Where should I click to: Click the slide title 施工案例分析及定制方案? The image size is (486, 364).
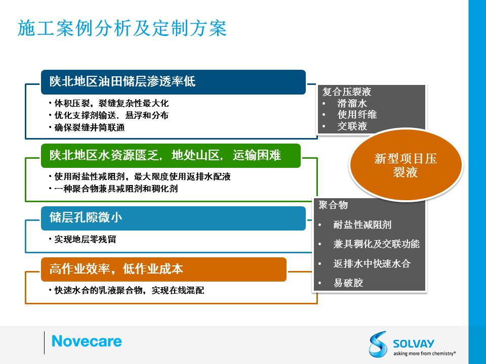(122, 28)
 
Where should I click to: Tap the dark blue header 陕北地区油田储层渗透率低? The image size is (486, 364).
(173, 82)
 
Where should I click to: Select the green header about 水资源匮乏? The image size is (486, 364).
(171, 155)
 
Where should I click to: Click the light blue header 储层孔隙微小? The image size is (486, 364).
(173, 218)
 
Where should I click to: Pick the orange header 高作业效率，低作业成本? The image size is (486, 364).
(164, 269)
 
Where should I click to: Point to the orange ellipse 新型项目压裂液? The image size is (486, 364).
(406, 165)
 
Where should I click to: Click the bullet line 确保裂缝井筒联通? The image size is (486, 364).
(87, 127)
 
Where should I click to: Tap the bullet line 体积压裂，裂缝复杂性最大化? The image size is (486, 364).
(109, 103)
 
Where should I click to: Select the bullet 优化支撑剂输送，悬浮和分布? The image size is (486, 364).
(109, 115)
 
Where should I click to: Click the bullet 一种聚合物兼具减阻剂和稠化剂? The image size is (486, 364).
(113, 189)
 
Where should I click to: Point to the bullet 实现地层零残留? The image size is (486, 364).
(83, 239)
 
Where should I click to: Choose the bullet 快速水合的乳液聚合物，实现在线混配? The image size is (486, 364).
(127, 290)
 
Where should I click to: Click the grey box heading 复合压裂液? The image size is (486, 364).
(346, 92)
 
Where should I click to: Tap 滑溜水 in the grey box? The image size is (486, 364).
(352, 103)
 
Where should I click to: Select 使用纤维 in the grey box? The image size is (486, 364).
(357, 115)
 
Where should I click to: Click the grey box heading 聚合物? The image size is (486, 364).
(333, 205)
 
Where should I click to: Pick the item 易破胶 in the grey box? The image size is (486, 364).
(348, 283)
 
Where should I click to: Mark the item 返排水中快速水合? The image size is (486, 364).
(372, 263)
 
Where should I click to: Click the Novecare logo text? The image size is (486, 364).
(87, 341)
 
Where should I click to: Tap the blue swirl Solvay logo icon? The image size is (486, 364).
(378, 344)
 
